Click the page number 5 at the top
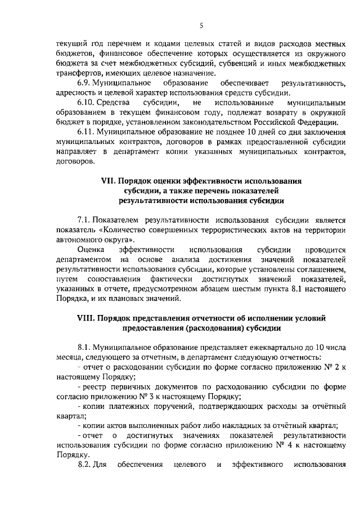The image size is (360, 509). pos(201,25)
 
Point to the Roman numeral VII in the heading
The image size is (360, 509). pos(107,181)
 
